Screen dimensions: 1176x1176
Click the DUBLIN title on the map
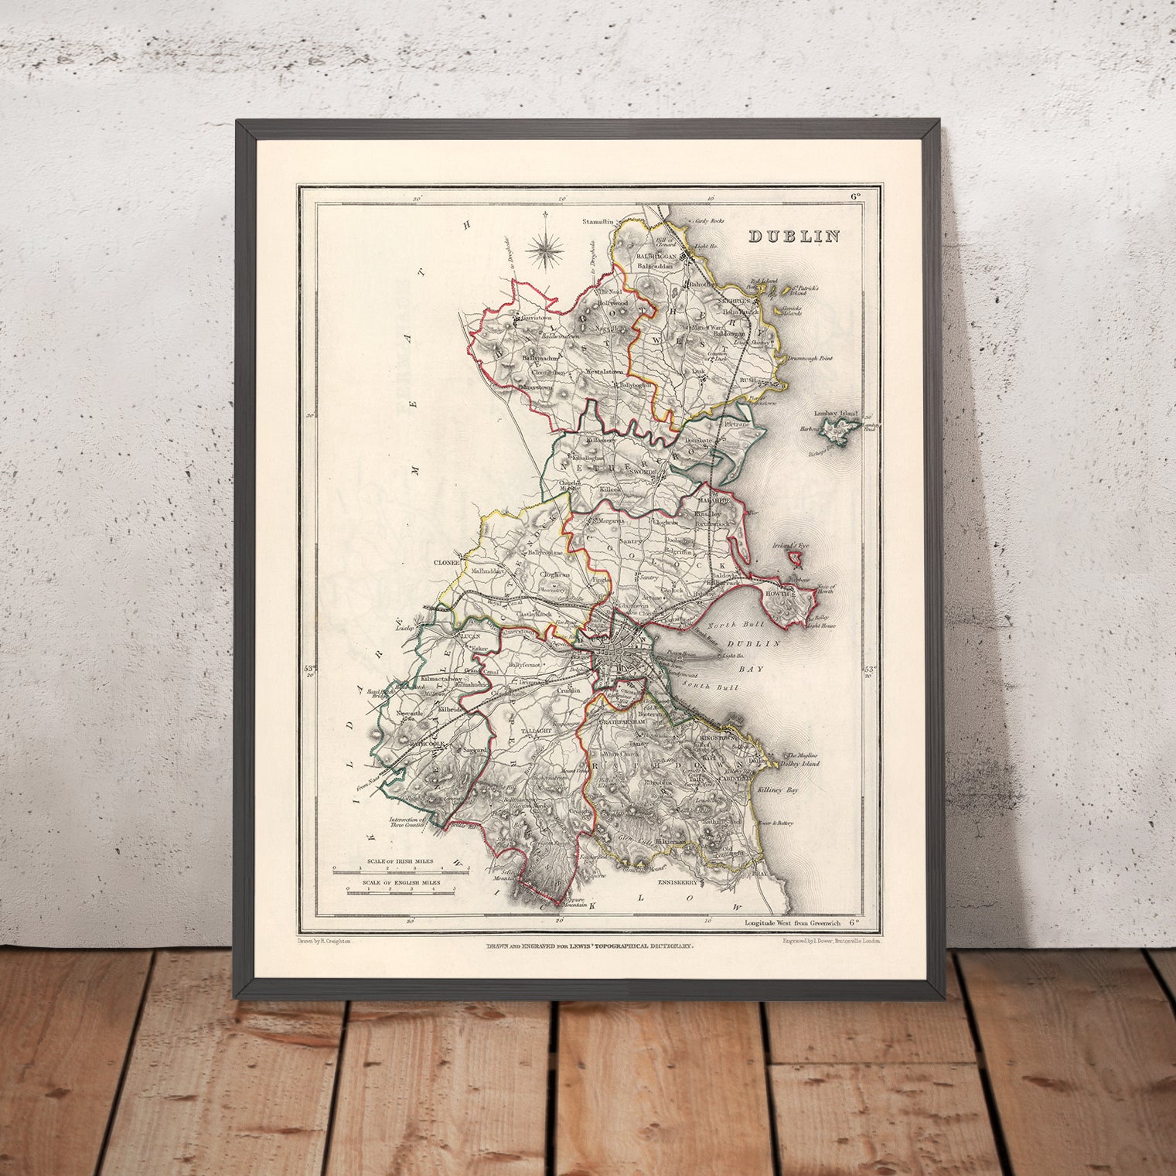(x=793, y=236)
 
